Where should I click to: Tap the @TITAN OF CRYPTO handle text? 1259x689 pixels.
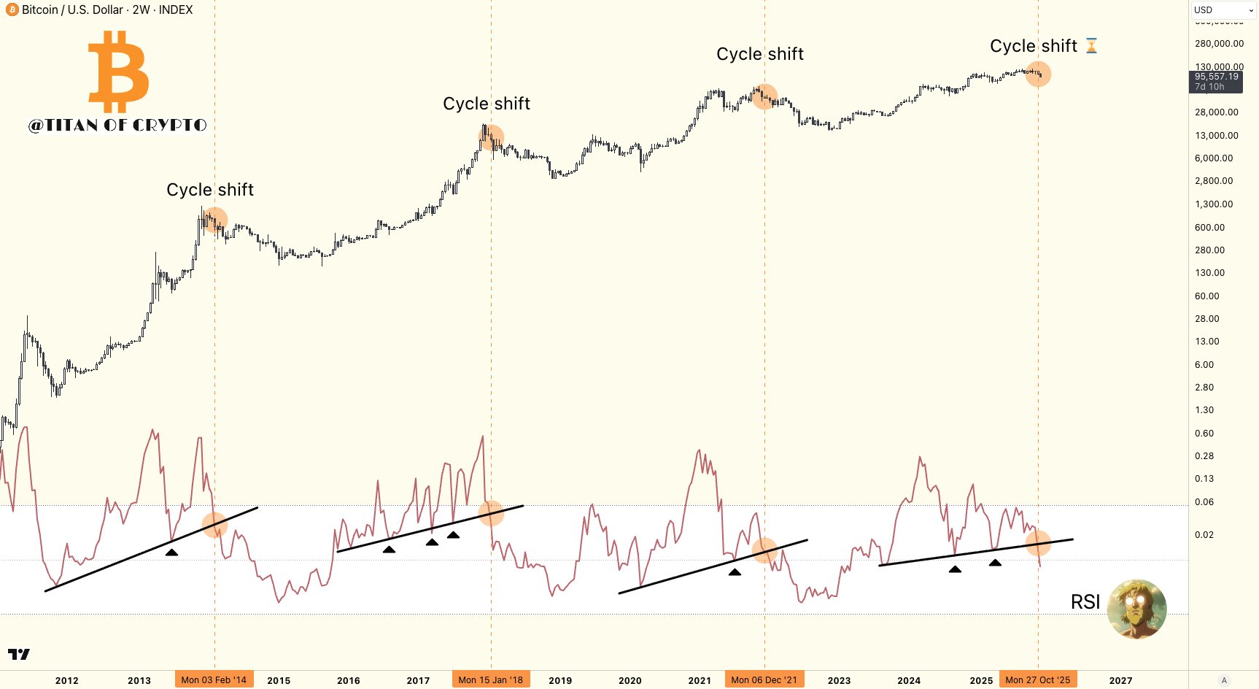(x=117, y=125)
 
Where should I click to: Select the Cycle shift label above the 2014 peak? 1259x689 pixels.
(x=209, y=190)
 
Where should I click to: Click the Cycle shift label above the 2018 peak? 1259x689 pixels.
(x=486, y=104)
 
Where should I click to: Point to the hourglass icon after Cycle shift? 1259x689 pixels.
(x=1091, y=46)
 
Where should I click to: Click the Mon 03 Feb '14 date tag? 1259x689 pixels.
(x=214, y=680)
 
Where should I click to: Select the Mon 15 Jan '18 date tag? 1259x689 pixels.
(x=490, y=680)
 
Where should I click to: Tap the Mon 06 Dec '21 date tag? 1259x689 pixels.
(x=764, y=680)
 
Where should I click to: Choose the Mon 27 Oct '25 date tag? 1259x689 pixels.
(x=1037, y=680)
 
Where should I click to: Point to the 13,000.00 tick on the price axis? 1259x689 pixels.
(x=1216, y=135)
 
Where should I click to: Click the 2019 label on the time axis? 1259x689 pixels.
(x=560, y=680)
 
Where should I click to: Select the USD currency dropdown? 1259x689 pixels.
(x=1224, y=10)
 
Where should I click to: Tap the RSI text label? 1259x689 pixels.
(x=1085, y=602)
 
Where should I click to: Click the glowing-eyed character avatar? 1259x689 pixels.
(x=1136, y=609)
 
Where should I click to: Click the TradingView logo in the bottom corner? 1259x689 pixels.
(x=19, y=654)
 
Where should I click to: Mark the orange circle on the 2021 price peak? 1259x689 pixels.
(x=764, y=97)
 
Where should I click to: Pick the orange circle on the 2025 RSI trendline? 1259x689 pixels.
(x=1038, y=542)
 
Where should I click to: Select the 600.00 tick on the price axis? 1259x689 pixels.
(x=1209, y=227)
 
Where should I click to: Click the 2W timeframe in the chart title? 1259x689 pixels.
(x=141, y=10)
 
